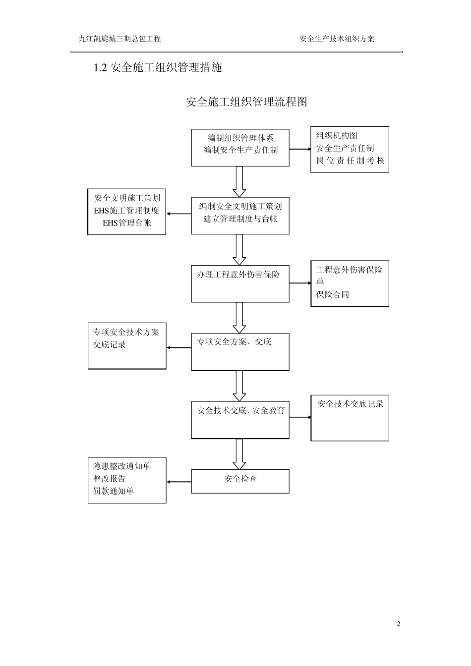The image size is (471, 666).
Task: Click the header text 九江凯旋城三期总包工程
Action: click(x=120, y=39)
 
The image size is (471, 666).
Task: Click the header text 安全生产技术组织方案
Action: click(x=337, y=39)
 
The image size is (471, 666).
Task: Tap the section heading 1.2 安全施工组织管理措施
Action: click(x=158, y=68)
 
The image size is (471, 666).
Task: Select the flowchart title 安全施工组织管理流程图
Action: click(x=246, y=102)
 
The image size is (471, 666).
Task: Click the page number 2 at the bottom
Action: click(x=398, y=623)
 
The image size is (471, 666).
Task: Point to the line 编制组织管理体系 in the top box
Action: click(x=240, y=138)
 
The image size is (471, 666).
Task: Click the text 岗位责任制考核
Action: click(x=350, y=161)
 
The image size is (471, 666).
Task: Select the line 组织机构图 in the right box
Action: click(x=337, y=136)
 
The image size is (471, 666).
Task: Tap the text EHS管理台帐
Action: click(x=126, y=223)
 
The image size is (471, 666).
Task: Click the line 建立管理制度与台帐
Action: click(x=240, y=219)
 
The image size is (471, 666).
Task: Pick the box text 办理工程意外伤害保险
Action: click(x=238, y=275)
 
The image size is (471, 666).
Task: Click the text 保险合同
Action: click(x=333, y=295)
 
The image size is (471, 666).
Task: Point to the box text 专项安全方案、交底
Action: click(x=234, y=341)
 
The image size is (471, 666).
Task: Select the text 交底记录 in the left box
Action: click(x=110, y=345)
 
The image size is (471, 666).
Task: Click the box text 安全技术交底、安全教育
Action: click(x=240, y=411)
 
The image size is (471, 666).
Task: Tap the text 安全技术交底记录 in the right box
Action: click(x=351, y=404)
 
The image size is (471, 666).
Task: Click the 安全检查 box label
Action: click(x=240, y=479)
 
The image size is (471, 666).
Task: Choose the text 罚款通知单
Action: click(x=114, y=491)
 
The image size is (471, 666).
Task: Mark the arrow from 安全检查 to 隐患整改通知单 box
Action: click(x=179, y=482)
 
